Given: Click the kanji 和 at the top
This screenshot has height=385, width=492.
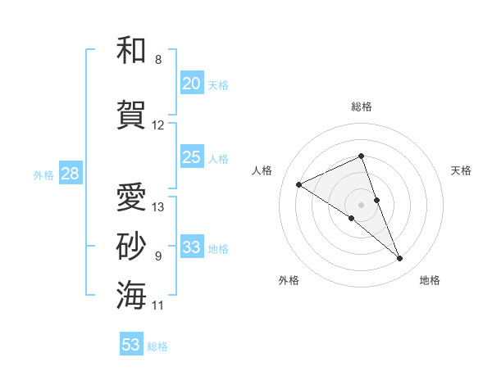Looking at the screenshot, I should pos(131,50).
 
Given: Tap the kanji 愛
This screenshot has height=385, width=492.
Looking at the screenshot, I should pos(131,197).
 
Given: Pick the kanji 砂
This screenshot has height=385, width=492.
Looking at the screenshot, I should pos(131,246).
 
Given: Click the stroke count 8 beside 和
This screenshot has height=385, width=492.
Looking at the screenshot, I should pos(158,60).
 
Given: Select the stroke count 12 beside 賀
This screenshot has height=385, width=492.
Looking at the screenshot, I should pos(158,125).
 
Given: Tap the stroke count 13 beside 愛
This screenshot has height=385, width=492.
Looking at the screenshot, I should pos(158,207).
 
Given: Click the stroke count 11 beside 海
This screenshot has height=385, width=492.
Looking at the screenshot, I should pos(158,306).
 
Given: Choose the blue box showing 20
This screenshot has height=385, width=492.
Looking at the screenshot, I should pos(192,84).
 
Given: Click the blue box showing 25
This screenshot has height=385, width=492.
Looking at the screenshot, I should pos(192,157).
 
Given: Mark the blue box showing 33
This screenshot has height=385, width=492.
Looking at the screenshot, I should pos(192,247).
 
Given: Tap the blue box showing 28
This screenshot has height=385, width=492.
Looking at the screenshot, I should pos(70,174).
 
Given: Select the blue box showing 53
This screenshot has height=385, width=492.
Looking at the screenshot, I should pos(131,345).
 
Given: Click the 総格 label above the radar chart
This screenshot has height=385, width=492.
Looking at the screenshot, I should pos(362,106).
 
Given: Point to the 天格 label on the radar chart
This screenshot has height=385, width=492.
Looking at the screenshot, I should pos(461,170).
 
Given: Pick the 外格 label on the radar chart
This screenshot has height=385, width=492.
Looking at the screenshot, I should pos(289,280).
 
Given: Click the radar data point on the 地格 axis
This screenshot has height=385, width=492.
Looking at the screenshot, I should pos(400,259).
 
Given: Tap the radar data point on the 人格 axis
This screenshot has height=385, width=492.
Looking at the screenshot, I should pos(299,184).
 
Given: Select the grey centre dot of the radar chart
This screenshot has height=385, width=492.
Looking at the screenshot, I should pos(362,204).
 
